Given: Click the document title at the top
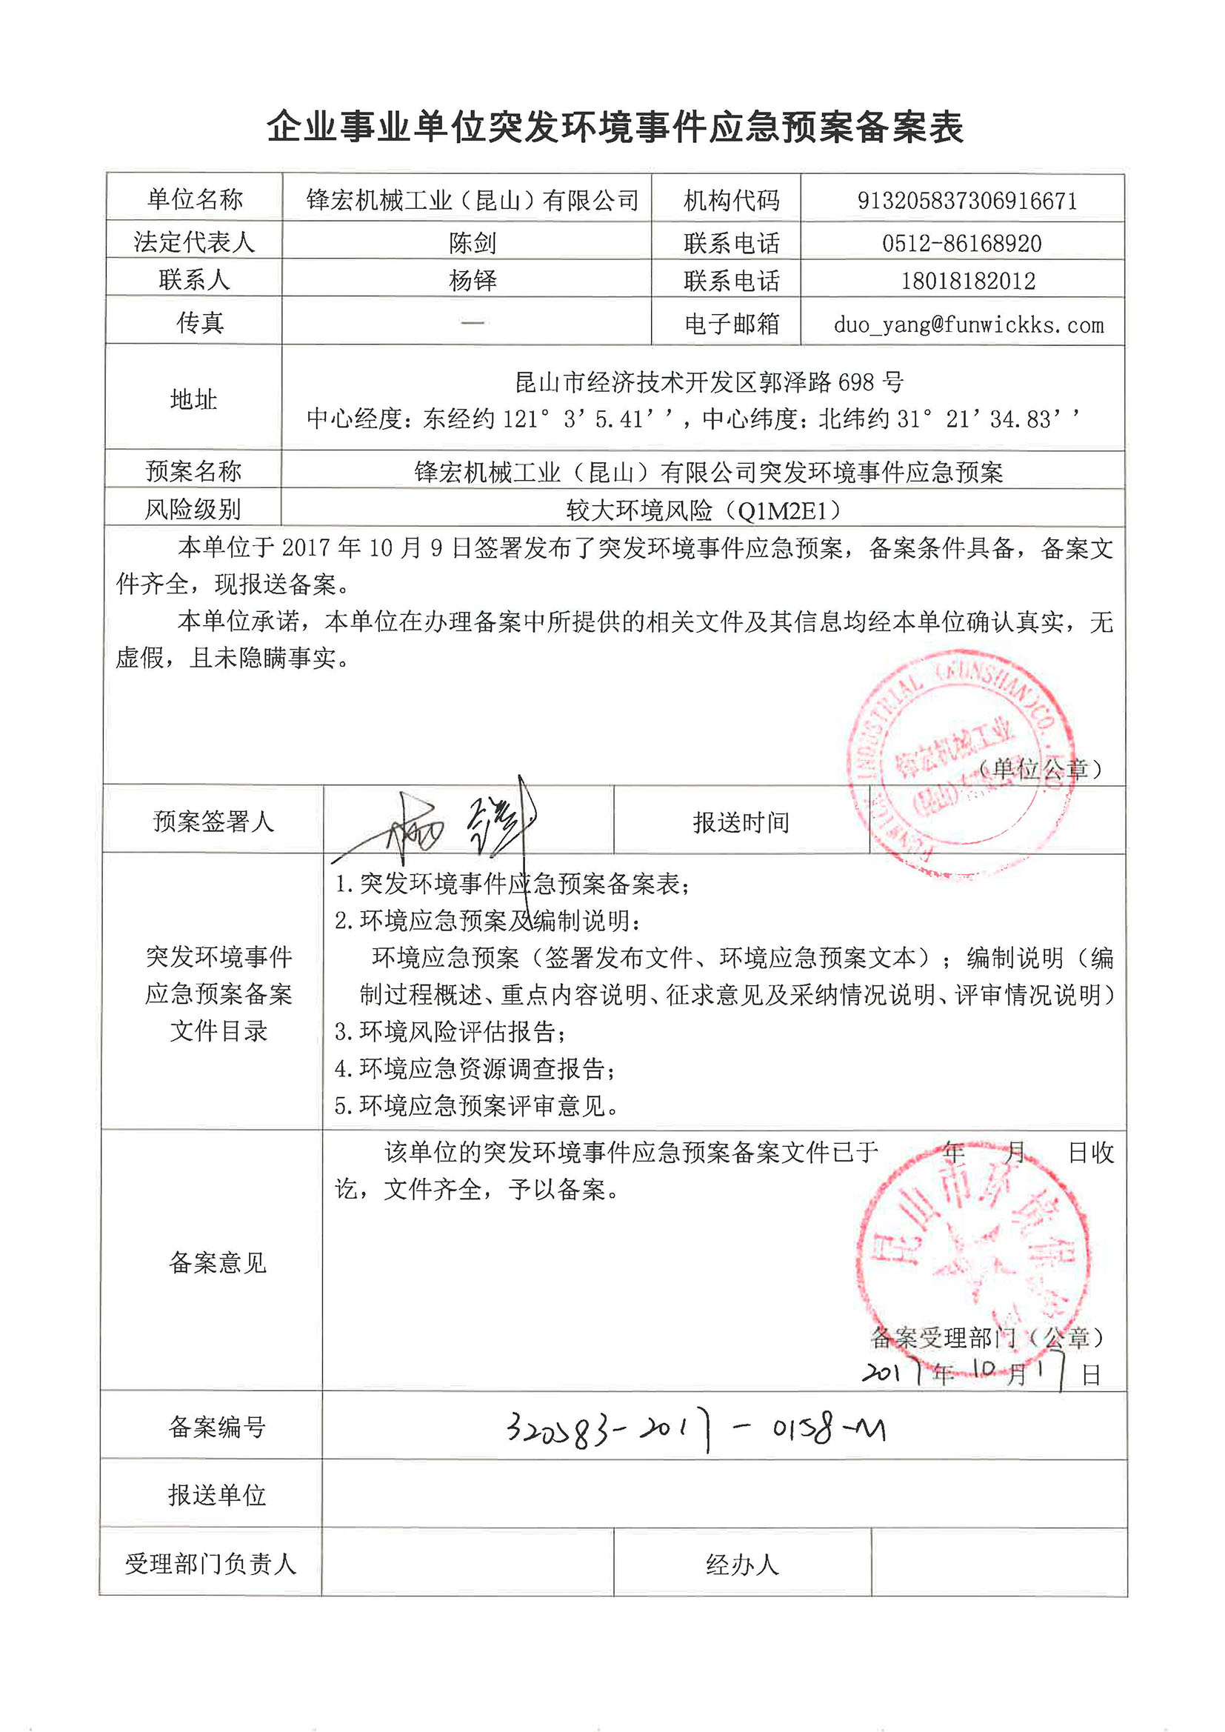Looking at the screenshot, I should point(615,127).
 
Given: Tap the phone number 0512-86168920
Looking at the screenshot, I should point(962,243).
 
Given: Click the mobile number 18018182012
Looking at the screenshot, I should point(968,281).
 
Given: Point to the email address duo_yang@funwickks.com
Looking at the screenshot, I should point(968,325).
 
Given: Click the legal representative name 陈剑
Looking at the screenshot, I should point(473,243).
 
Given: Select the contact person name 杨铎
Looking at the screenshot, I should point(473,281).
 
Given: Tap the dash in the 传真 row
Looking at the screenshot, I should point(473,323).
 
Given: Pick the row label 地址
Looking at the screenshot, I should point(194,399).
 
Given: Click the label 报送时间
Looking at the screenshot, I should point(741,822).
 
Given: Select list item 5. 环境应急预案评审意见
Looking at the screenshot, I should point(477,1106).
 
